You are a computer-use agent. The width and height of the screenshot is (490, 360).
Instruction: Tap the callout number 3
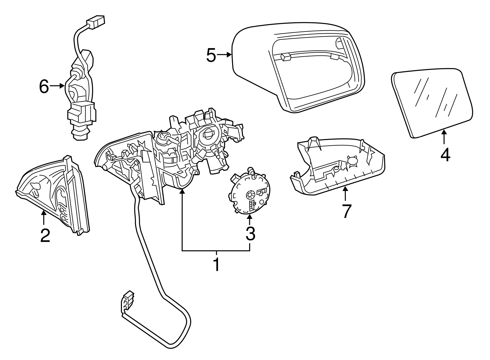250,234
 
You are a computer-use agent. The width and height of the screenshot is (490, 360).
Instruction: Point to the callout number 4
445,154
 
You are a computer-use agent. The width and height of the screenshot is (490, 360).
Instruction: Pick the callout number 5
211,55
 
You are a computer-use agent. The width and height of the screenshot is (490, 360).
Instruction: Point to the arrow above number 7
345,193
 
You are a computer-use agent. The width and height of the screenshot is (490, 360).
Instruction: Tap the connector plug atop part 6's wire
96,21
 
